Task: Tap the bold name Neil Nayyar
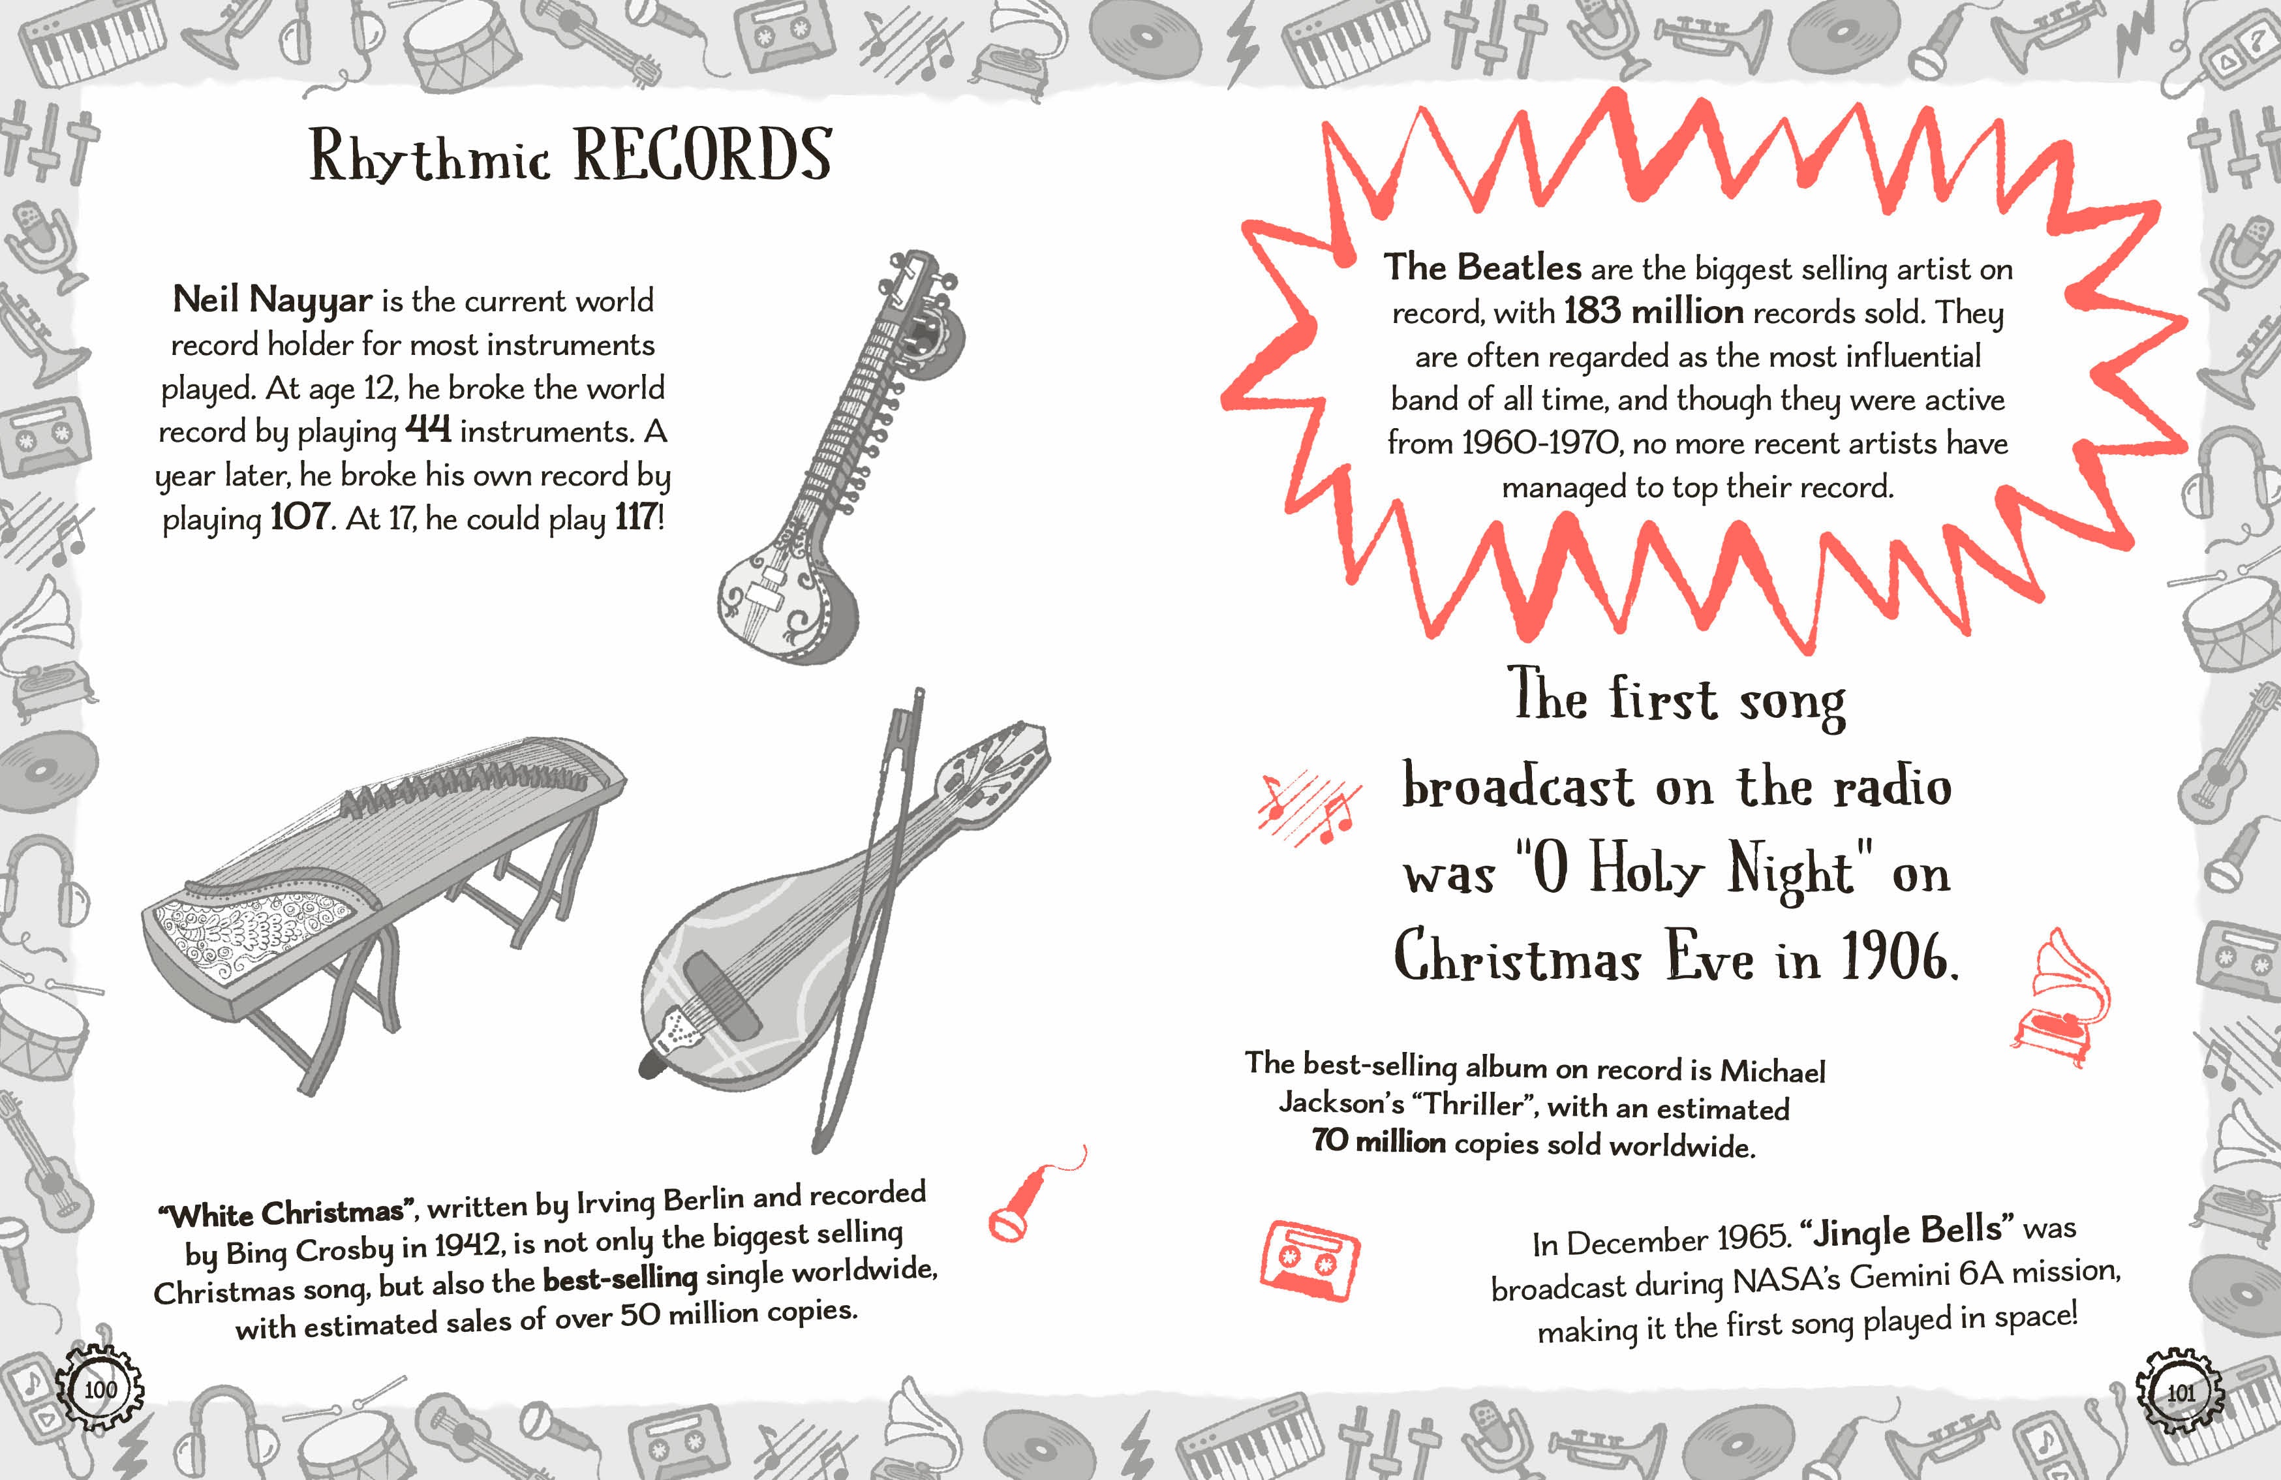pos(272,300)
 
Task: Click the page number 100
pos(100,1389)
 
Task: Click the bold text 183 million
pos(1653,311)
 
